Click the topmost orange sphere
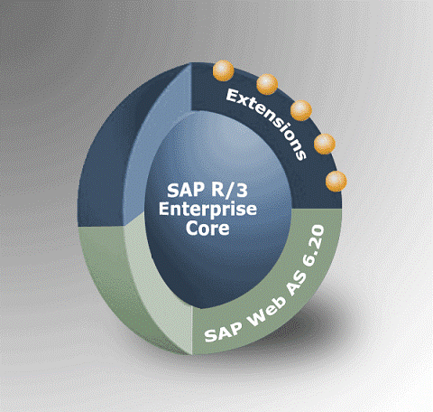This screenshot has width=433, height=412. (223, 70)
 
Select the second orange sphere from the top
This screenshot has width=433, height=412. (267, 84)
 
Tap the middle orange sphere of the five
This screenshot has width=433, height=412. (301, 110)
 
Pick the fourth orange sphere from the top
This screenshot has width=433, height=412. (325, 145)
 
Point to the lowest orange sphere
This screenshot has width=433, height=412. (336, 182)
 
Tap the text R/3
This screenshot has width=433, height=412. (227, 191)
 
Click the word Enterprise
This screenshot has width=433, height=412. (207, 210)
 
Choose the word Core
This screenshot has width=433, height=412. (207, 228)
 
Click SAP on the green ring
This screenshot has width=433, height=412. (223, 332)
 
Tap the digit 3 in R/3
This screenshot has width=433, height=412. (242, 191)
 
